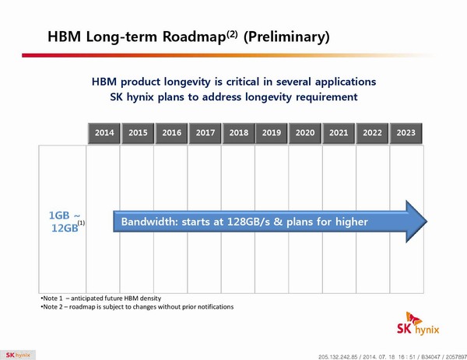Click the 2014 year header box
(104, 133)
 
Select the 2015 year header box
(138, 133)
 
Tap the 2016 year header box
(172, 133)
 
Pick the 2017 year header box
(205, 133)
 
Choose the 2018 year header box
(239, 133)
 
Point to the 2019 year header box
(272, 133)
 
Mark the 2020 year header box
(305, 133)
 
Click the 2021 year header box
(339, 133)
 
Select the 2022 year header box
(372, 133)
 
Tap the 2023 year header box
(406, 133)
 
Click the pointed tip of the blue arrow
(424, 222)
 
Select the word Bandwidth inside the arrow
(149, 222)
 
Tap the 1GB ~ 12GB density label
(63, 222)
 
